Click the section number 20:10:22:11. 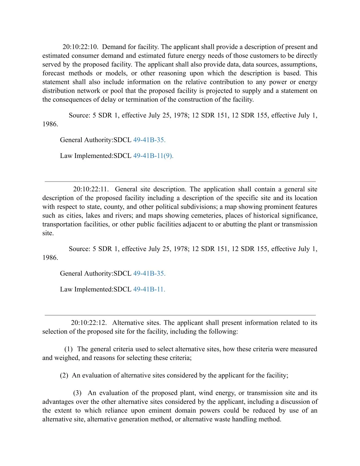point(91,189)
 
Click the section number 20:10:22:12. point(89,323)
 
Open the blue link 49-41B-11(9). point(153,156)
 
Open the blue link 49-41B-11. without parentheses point(149,289)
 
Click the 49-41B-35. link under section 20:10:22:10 point(149,140)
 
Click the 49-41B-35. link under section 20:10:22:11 point(149,274)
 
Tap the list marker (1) point(68,349)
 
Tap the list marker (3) point(77,393)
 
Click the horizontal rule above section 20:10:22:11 point(180,182)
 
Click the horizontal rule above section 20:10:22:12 point(180,315)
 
